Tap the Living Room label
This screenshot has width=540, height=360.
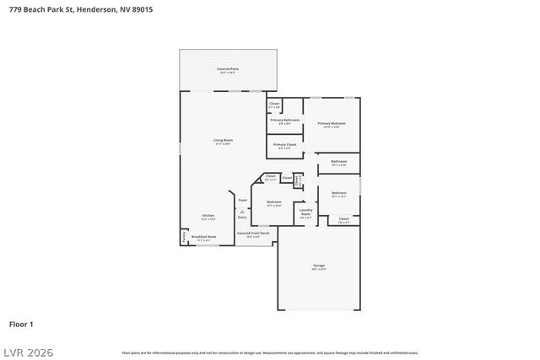pyautogui.click(x=222, y=141)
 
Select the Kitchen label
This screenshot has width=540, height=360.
pyautogui.click(x=208, y=216)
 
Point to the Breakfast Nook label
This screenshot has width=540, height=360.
pyautogui.click(x=203, y=238)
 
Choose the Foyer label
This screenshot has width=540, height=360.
pyautogui.click(x=242, y=200)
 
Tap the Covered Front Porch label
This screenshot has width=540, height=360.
pyautogui.click(x=253, y=234)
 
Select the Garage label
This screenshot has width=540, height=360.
pyautogui.click(x=319, y=266)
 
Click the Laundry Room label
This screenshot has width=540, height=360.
pyautogui.click(x=305, y=212)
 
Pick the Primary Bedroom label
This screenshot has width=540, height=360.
pyautogui.click(x=332, y=125)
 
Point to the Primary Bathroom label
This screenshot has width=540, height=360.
pyautogui.click(x=285, y=121)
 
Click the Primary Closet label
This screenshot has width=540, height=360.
pyautogui.click(x=285, y=145)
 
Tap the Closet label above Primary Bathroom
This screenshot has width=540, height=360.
pyautogui.click(x=274, y=105)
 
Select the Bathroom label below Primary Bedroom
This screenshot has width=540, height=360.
pyautogui.click(x=338, y=162)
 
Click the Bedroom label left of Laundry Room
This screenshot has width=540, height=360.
pyautogui.click(x=274, y=202)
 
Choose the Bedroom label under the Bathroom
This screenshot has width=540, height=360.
pyautogui.click(x=338, y=194)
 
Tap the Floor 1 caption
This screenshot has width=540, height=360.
pyautogui.click(x=21, y=324)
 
